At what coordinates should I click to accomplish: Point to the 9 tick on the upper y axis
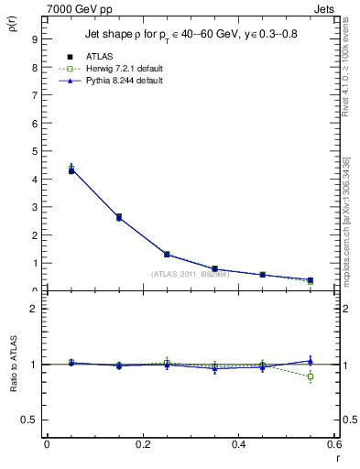point(34,39)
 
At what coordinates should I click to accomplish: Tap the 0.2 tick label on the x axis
point(142,444)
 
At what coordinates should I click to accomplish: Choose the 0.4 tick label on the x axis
point(238,444)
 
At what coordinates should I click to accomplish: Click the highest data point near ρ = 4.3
point(71,170)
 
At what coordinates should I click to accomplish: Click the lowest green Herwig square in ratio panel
point(311,376)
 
